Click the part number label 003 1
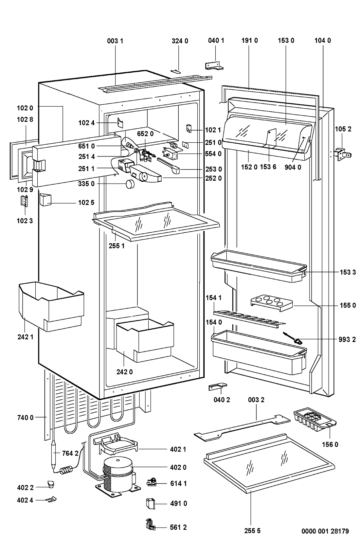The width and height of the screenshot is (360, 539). (x=115, y=41)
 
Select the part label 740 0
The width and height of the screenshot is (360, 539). (x=25, y=417)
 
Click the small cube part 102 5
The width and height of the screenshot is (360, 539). (x=46, y=199)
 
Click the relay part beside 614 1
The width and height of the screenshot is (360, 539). (x=152, y=482)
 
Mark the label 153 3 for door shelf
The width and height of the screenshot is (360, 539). (x=347, y=272)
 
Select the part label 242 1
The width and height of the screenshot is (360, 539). (x=25, y=337)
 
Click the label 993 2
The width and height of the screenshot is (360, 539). (x=347, y=339)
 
